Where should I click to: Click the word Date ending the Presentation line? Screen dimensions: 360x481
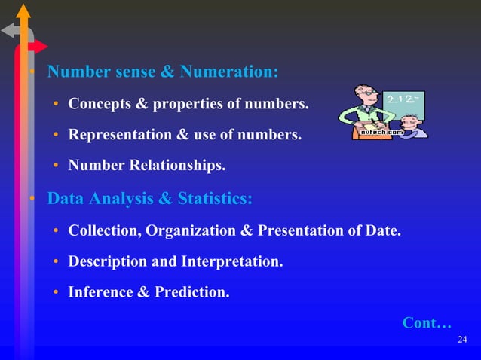click(x=381, y=230)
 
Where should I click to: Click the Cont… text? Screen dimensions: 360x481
click(x=427, y=323)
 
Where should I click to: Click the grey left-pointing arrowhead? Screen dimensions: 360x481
click(x=8, y=31)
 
